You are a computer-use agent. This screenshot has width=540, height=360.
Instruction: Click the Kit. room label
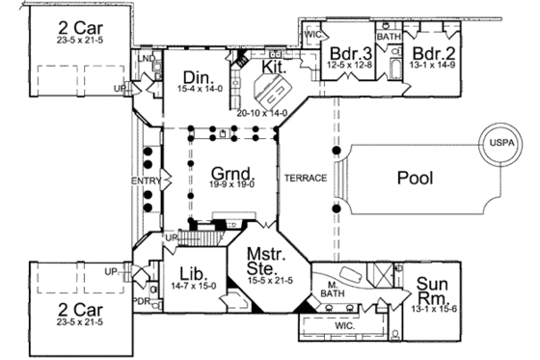(x=275, y=68)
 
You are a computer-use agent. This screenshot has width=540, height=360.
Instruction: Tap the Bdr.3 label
(x=346, y=52)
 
